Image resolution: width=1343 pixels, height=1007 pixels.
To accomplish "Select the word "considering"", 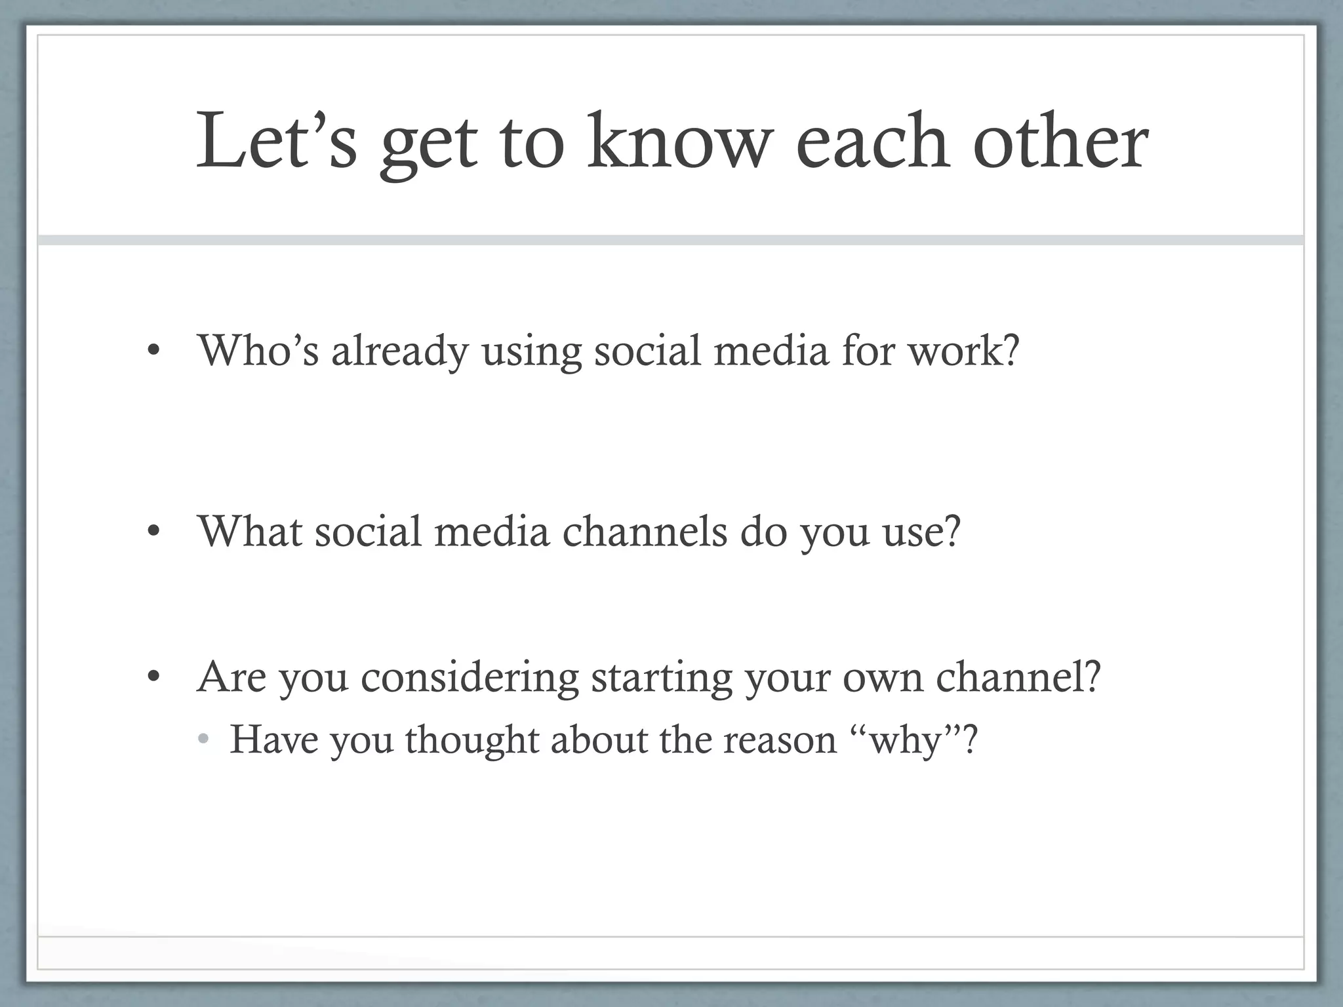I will tap(470, 678).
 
